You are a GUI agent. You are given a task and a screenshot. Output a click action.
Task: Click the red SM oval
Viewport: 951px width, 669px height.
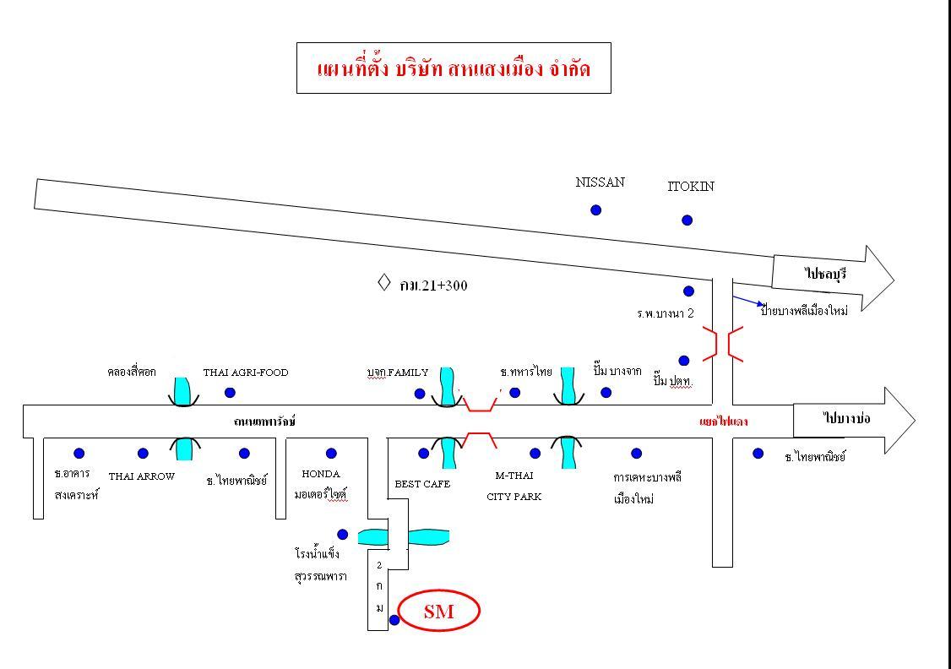[x=438, y=611]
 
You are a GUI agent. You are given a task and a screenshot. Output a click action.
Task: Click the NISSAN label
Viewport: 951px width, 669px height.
[x=600, y=182]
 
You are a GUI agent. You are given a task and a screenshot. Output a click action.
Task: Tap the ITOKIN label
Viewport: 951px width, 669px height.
[x=691, y=187]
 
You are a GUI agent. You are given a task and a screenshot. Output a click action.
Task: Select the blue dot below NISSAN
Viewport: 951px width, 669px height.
[x=595, y=209]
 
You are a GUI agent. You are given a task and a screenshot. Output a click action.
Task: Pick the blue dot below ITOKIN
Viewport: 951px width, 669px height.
[x=687, y=220]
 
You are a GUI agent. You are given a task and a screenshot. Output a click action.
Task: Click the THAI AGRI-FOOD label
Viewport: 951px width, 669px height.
[x=246, y=373]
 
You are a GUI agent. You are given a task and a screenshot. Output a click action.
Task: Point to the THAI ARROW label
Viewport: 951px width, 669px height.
[x=141, y=476]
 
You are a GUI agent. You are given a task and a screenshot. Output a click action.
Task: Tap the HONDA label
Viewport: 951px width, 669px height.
[x=321, y=475]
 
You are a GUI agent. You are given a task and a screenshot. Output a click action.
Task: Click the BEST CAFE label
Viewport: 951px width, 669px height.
[x=422, y=485]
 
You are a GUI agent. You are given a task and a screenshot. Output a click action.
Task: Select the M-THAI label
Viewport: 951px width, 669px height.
[x=514, y=476]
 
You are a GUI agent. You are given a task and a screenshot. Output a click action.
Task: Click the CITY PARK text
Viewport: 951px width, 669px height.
[x=514, y=497]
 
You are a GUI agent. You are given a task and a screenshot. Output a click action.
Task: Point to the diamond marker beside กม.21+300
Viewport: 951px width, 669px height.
[x=383, y=282]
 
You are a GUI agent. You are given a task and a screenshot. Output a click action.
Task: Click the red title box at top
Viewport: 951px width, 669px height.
[x=454, y=68]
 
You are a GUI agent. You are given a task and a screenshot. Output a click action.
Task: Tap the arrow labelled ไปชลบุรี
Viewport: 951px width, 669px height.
[x=832, y=276]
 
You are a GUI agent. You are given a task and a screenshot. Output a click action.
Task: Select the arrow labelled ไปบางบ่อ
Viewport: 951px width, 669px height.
[x=853, y=419]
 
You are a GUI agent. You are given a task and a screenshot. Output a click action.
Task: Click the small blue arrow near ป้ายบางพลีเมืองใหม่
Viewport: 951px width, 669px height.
[x=748, y=301]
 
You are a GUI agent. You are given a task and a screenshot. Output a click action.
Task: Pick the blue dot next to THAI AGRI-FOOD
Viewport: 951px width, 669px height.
[x=230, y=392]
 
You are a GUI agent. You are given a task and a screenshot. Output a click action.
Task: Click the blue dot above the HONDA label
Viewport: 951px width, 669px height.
[x=331, y=454]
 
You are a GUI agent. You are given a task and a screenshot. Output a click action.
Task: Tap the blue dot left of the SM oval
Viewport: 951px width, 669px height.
[x=394, y=620]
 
